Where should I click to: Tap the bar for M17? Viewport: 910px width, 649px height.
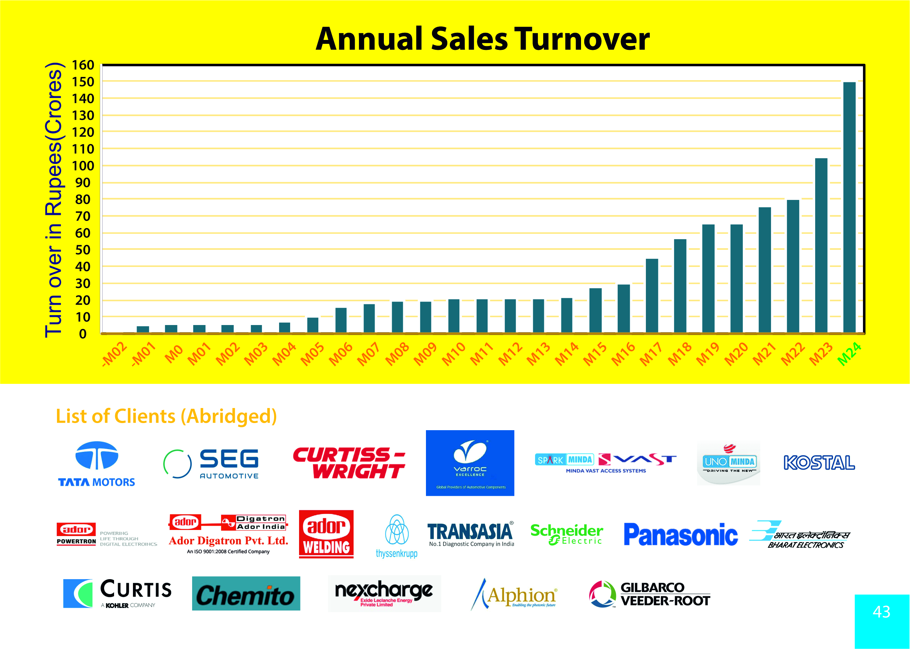652,295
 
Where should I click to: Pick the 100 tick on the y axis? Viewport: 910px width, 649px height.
83,166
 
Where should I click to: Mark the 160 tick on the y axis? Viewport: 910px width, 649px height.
83,65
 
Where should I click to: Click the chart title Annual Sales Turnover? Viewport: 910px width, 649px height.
482,39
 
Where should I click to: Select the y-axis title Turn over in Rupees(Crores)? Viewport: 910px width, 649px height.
53,200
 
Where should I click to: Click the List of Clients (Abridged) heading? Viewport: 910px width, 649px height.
166,416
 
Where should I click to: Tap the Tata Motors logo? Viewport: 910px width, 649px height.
97,464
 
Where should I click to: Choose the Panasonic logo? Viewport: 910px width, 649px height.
680,535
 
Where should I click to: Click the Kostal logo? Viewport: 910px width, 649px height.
819,463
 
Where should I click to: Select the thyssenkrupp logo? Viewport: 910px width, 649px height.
396,536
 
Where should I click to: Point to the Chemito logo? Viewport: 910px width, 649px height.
246,593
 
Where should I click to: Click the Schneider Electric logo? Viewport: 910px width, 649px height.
567,534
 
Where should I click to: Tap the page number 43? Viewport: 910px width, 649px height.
881,612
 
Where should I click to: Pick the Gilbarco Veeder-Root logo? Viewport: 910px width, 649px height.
649,594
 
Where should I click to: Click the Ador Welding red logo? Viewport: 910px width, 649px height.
326,534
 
